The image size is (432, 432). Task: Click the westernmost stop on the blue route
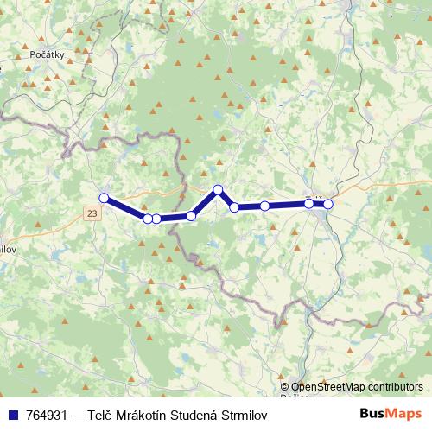point(104,198)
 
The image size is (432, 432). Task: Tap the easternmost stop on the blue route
point(327,204)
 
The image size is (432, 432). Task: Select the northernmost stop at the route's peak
point(218,189)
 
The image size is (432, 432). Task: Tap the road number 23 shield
point(92,212)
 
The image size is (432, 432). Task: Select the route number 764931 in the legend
point(48,415)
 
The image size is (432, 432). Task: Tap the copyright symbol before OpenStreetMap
point(285,387)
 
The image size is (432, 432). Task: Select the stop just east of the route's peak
point(234,207)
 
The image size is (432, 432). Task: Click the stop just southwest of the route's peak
point(191,215)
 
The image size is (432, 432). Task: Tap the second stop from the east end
point(308,203)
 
